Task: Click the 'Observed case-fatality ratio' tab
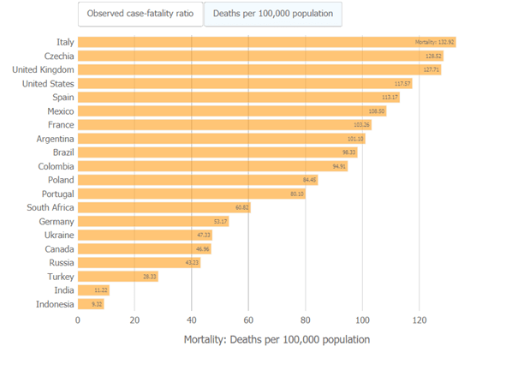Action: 140,14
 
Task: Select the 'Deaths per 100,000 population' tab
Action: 272,14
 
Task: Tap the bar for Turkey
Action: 117,277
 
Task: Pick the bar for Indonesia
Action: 91,304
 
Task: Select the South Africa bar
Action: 164,207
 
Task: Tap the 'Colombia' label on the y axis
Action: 54,166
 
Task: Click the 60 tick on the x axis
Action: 248,320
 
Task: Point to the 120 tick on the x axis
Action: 419,320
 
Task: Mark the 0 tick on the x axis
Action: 78,320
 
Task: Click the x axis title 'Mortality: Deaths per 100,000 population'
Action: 277,339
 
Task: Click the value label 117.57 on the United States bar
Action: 402,84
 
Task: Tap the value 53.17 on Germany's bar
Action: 220,221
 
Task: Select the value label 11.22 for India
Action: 101,290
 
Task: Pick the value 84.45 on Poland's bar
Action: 309,180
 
